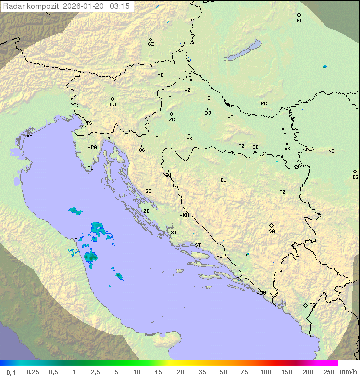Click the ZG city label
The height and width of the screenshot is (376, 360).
tap(172, 120)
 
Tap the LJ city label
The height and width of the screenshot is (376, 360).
tap(113, 105)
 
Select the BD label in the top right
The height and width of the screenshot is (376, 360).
tap(299, 21)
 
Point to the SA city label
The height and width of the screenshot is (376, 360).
tap(272, 231)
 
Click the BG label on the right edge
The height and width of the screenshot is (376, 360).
tap(355, 177)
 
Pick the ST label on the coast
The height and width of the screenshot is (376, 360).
tap(198, 245)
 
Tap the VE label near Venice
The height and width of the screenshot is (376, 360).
tap(29, 136)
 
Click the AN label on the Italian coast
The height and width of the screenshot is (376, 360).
tap(77, 240)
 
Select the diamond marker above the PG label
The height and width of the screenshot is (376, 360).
tap(305, 305)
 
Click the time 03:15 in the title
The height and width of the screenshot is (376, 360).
tap(120, 6)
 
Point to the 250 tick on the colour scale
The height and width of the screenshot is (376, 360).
tap(328, 372)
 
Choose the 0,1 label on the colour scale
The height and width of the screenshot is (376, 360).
tap(11, 372)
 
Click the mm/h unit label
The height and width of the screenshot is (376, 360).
tap(347, 372)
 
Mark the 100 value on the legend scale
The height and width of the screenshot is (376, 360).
tap(265, 372)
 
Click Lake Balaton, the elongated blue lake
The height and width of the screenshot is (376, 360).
tap(243, 51)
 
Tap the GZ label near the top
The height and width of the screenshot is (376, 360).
tap(151, 44)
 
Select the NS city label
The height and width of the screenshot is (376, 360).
tap(331, 151)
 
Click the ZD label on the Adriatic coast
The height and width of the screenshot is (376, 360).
tap(146, 211)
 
